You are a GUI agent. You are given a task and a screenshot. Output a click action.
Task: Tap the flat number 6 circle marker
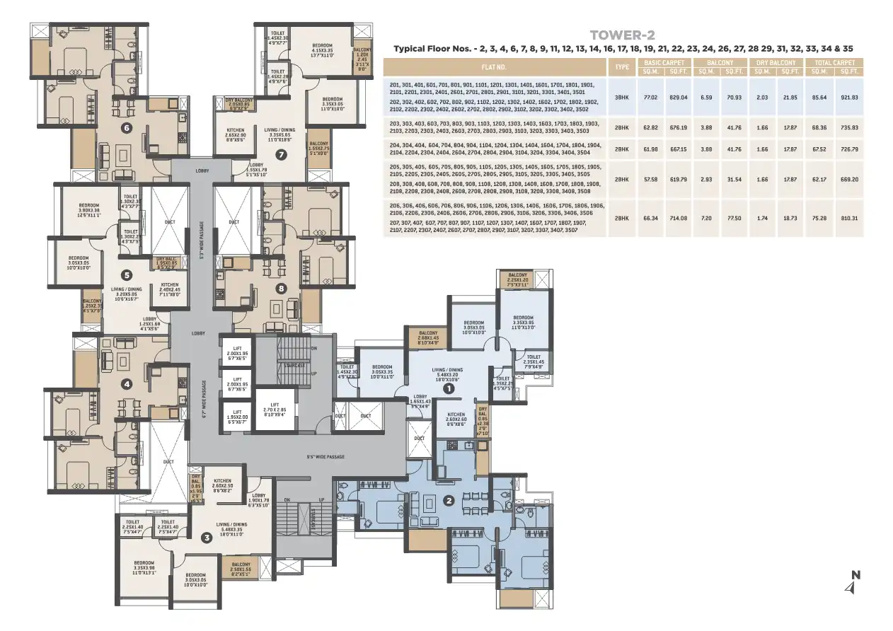tap(127, 128)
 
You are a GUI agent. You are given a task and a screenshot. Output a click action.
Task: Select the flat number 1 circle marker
tap(447, 388)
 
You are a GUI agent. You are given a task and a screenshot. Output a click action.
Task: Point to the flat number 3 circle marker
tap(207, 538)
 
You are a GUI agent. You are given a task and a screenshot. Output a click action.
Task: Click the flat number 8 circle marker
tap(281, 288)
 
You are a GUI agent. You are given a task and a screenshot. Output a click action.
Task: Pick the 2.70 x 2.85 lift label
tap(275, 412)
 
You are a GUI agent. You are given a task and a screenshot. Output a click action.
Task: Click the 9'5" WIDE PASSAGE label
tap(325, 457)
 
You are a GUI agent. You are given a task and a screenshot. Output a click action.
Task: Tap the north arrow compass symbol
tap(855, 583)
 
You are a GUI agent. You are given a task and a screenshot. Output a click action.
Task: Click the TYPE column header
tap(622, 67)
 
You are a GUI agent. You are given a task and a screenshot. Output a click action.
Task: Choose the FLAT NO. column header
tap(495, 67)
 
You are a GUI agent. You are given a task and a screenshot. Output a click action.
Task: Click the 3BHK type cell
tap(622, 97)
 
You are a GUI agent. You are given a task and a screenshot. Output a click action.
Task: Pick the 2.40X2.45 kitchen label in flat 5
tap(170, 289)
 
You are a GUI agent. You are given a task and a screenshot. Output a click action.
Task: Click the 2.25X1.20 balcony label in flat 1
tap(517, 280)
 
